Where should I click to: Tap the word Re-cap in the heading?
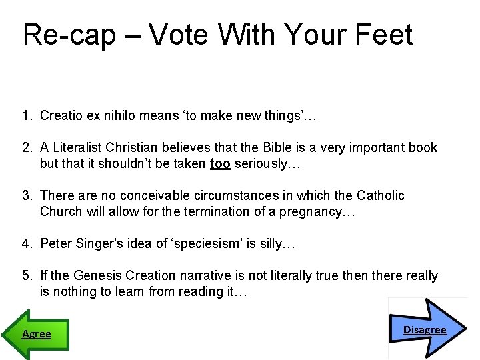click(x=69, y=35)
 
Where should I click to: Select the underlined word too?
click(x=220, y=163)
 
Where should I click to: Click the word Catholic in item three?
click(x=380, y=195)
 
